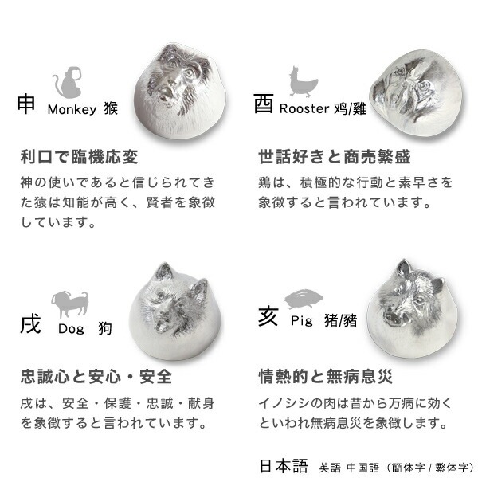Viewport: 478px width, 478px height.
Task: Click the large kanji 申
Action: click(x=26, y=104)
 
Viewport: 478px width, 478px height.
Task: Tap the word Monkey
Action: click(x=72, y=109)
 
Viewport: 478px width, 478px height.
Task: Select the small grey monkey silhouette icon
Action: click(x=65, y=83)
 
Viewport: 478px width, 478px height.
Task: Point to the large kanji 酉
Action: click(x=264, y=104)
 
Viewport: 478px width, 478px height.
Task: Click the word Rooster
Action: click(x=303, y=109)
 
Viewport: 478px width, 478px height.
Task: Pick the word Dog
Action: click(x=71, y=329)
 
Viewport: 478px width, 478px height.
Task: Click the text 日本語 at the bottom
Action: click(x=283, y=465)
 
